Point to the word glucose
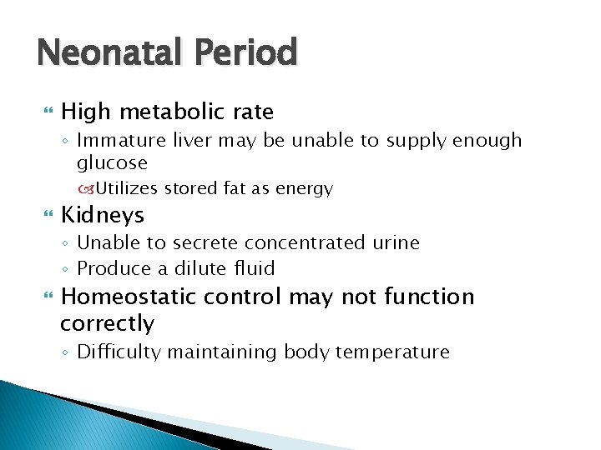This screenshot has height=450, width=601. click(112, 163)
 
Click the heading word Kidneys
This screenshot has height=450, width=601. click(103, 215)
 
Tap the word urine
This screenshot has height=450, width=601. click(396, 243)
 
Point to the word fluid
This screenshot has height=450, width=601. click(255, 268)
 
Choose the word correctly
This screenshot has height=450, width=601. click(108, 323)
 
